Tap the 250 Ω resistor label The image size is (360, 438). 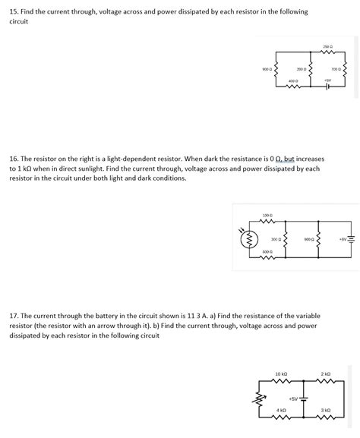(327, 47)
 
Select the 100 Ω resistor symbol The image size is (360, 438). (267, 222)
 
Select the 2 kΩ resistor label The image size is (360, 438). (326, 374)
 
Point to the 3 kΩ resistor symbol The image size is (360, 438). (326, 417)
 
